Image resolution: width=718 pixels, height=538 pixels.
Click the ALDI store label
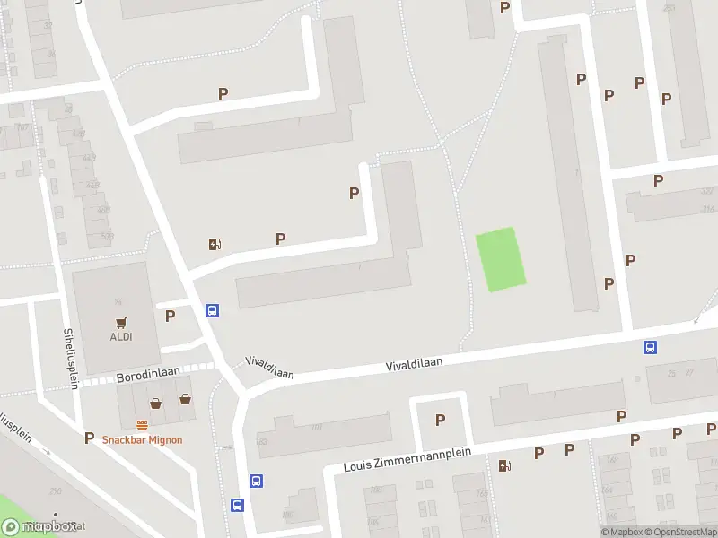[x=121, y=337]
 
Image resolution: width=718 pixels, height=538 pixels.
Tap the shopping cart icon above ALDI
[x=121, y=322]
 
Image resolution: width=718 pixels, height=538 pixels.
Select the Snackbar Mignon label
[x=142, y=439]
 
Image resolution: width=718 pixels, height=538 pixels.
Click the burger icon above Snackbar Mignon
[x=142, y=425]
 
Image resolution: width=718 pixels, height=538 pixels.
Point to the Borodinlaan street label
[x=149, y=378]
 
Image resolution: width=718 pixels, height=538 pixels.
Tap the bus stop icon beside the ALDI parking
[x=213, y=311]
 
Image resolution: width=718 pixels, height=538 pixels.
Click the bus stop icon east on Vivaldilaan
[x=650, y=348]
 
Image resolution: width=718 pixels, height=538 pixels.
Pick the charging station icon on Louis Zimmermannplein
[x=505, y=464]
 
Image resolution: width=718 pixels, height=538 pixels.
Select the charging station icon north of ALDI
[x=215, y=243]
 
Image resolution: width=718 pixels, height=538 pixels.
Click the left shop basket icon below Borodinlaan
[x=156, y=403]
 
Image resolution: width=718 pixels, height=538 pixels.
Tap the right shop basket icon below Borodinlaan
[x=185, y=399]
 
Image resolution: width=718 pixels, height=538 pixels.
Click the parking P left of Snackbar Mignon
[x=89, y=438]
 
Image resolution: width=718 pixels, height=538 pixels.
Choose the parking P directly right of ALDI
[x=170, y=315]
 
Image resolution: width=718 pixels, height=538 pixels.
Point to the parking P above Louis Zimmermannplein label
[x=440, y=420]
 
